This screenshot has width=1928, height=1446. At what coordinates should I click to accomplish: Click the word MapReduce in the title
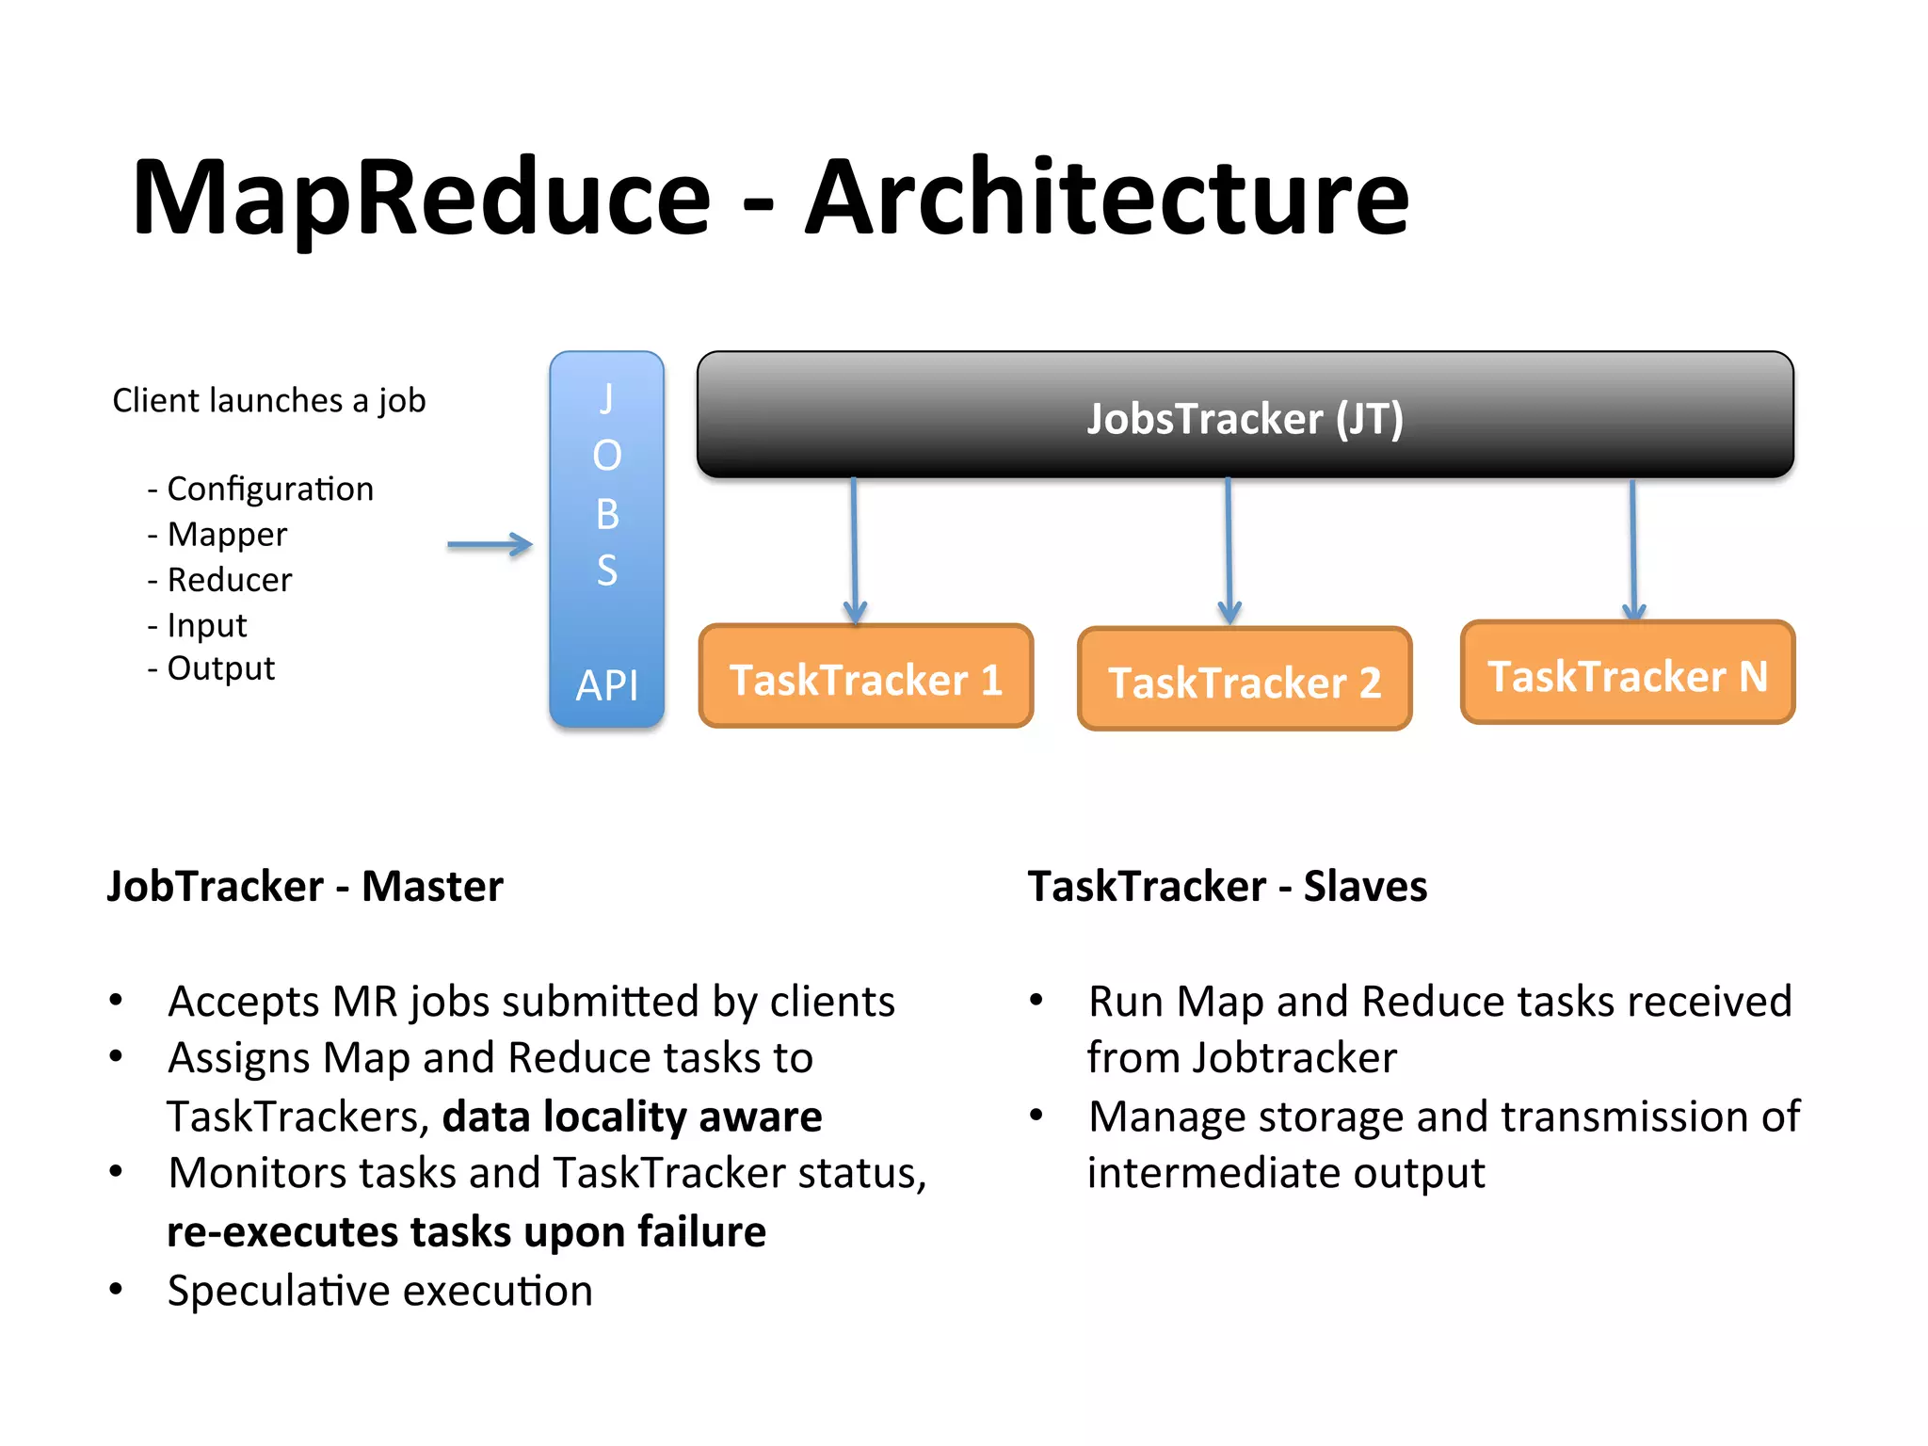pyautogui.click(x=421, y=198)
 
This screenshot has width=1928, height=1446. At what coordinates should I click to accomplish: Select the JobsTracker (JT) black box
pyautogui.click(x=1245, y=415)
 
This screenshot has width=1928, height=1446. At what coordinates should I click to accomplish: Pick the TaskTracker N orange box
pyautogui.click(x=1627, y=674)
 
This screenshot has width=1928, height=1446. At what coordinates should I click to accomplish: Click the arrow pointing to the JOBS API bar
pyautogui.click(x=490, y=544)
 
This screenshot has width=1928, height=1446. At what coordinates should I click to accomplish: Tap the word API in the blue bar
pyautogui.click(x=606, y=684)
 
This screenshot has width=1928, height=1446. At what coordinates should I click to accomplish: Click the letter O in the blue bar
pyautogui.click(x=606, y=456)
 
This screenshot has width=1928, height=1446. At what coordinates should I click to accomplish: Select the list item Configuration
pyautogui.click(x=269, y=489)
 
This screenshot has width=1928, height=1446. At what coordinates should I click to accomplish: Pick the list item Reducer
pyautogui.click(x=229, y=579)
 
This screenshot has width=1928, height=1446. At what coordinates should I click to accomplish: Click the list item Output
pyautogui.click(x=220, y=668)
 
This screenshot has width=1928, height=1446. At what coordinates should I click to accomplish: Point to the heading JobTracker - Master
pyautogui.click(x=305, y=886)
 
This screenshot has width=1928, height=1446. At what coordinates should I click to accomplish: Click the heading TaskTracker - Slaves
pyautogui.click(x=1227, y=886)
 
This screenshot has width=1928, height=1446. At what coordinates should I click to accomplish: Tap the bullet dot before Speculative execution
pyautogui.click(x=116, y=1289)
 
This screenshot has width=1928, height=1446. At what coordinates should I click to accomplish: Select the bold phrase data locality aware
pyautogui.click(x=632, y=1117)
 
